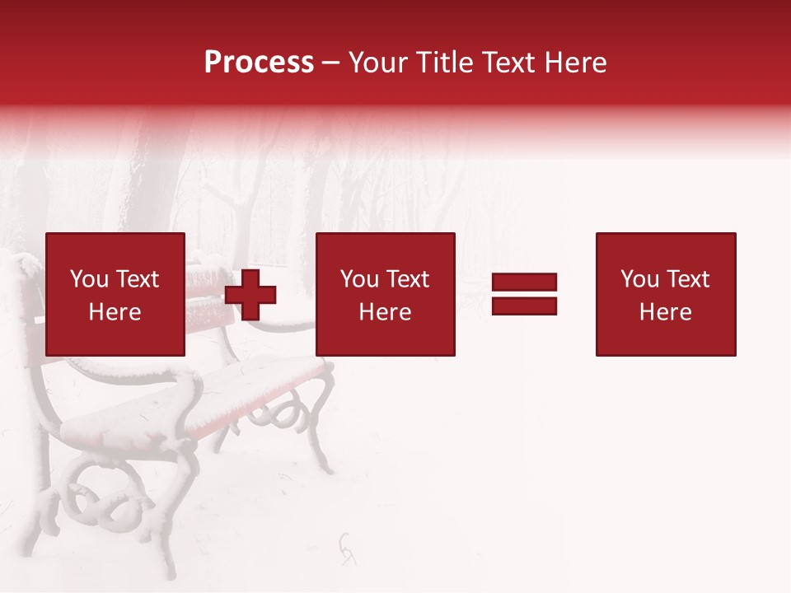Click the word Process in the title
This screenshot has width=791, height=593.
259,63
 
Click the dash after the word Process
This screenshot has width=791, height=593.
330,63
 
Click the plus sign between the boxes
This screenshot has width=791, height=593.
250,295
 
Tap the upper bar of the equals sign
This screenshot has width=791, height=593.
524,282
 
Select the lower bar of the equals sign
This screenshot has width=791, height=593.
524,306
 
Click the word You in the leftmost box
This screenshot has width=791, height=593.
89,279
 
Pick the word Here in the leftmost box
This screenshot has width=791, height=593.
115,312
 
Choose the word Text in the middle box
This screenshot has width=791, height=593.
407,279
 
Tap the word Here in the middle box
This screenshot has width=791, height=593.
385,312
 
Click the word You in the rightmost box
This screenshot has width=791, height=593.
639,279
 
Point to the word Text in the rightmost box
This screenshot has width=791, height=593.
687,279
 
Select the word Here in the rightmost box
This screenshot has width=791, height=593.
665,312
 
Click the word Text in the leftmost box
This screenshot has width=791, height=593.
137,279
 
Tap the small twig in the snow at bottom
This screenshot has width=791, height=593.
348,548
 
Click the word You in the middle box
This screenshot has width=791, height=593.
359,279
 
